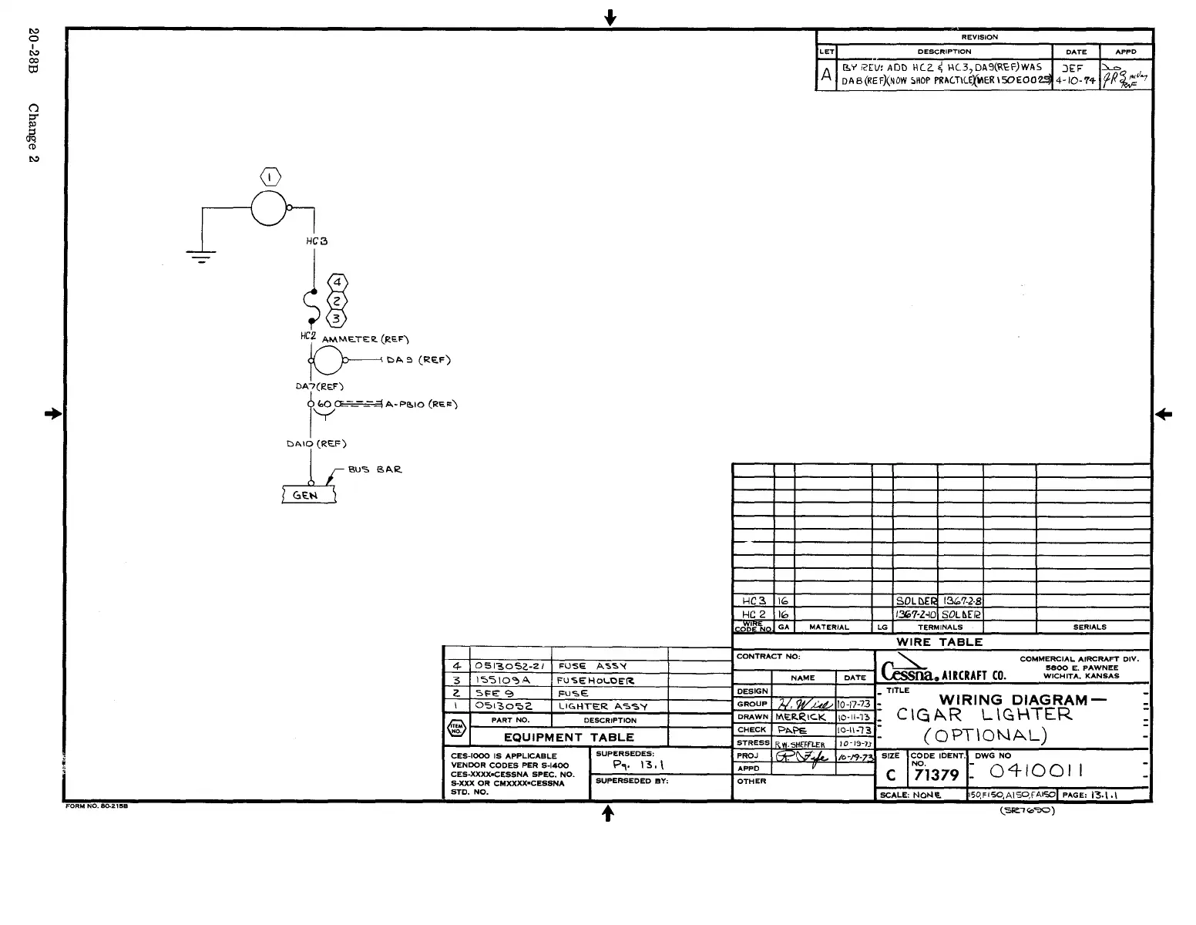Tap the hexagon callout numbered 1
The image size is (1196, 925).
[x=270, y=177]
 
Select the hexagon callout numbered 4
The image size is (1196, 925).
[x=337, y=283]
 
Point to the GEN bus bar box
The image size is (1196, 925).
[x=309, y=495]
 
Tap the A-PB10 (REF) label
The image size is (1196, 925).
[x=422, y=404]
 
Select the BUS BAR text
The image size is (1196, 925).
[x=375, y=469]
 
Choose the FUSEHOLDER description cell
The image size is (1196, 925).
[x=596, y=681]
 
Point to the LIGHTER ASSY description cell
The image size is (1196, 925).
[x=603, y=706]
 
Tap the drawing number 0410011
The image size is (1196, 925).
[x=1036, y=771]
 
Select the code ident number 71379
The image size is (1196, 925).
[x=936, y=775]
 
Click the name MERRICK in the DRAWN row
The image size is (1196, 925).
[x=801, y=717]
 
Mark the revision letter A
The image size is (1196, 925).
[x=826, y=75]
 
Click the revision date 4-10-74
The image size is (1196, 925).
[x=1076, y=80]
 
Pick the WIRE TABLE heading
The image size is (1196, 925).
[x=939, y=642]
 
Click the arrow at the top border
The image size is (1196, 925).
[x=610, y=17]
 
